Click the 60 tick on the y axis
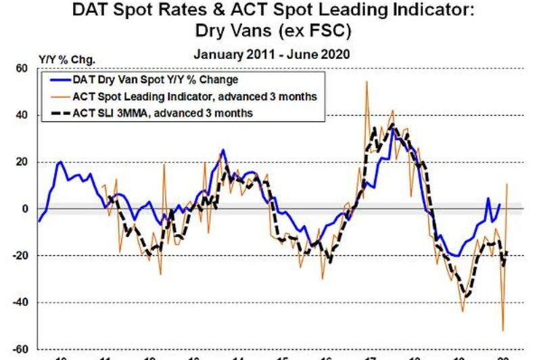pos(22,68)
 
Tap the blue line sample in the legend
pos(62,81)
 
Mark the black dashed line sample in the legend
pos(62,113)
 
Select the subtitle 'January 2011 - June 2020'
pos(270,55)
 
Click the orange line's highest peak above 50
pos(367,82)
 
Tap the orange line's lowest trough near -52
pos(502,330)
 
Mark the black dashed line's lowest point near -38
pos(465,296)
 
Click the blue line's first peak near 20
pos(61,162)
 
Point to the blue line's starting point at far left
pos(39,221)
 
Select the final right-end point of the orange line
pos(507,184)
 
